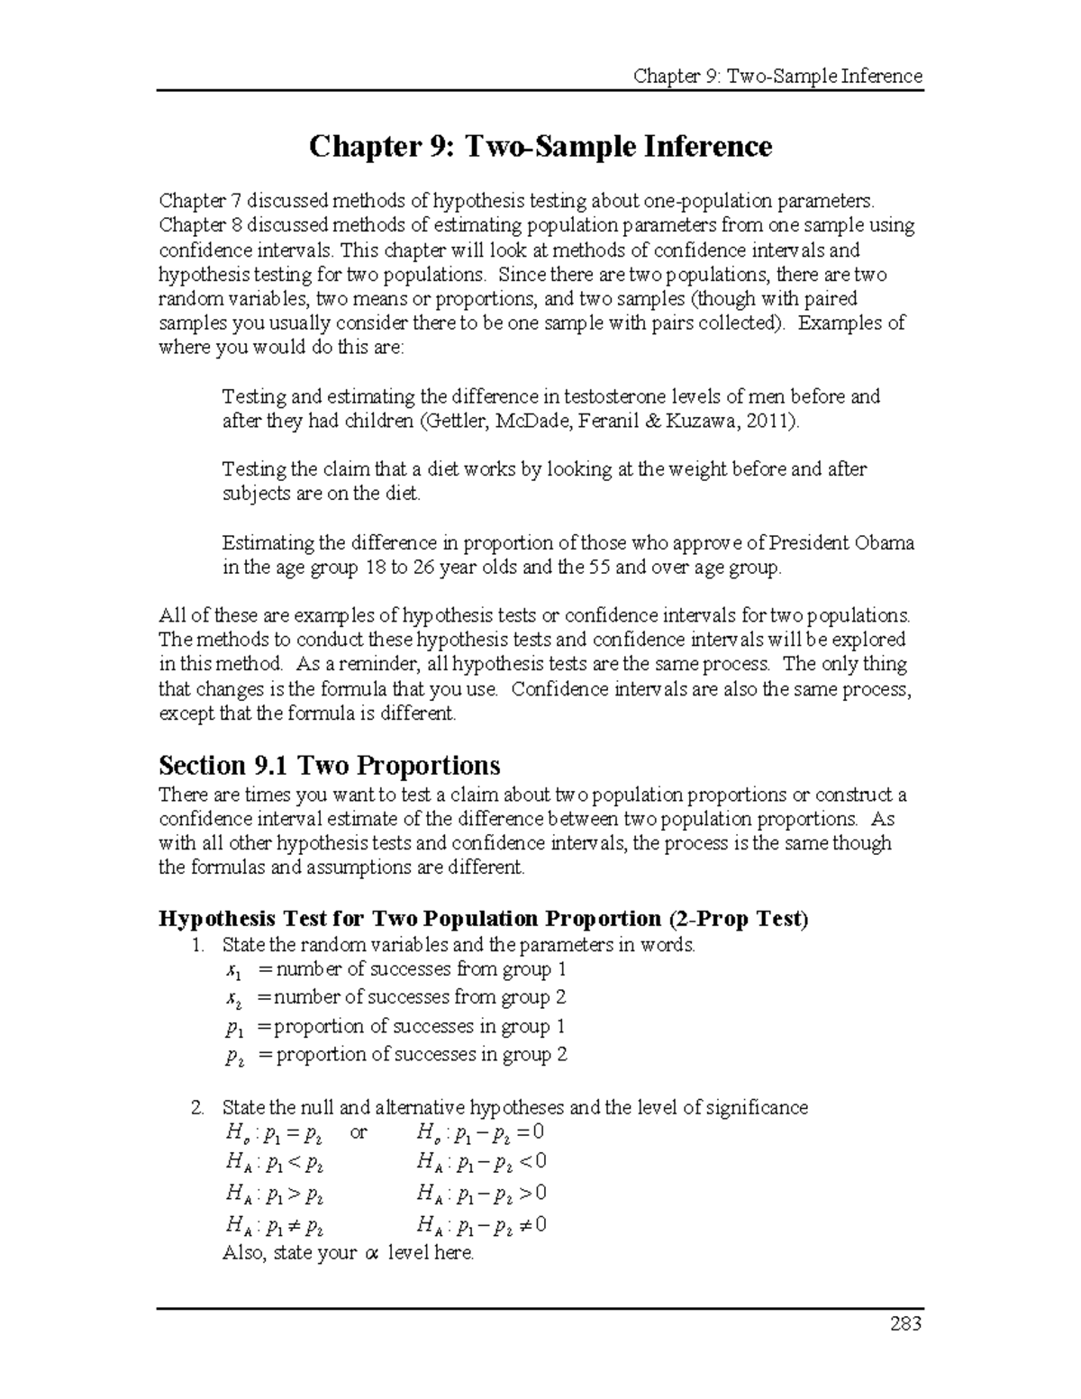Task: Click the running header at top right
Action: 777,76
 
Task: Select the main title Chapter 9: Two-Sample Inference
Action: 540,146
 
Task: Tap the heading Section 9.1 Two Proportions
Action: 329,766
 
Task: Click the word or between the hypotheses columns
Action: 359,1133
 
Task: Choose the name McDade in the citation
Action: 522,421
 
